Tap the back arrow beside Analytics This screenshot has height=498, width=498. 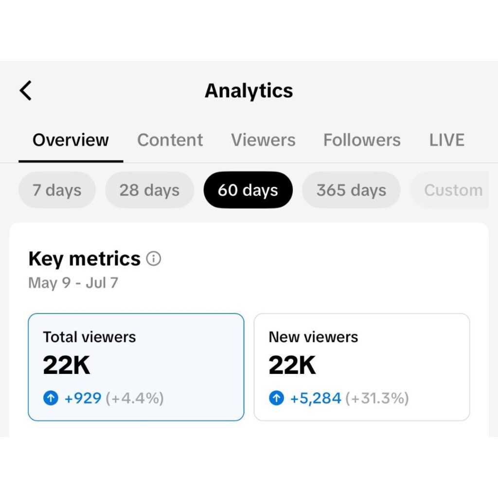tap(26, 90)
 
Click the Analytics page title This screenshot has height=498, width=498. tap(249, 90)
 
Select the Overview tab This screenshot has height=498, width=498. tap(71, 140)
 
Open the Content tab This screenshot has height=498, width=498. tap(170, 140)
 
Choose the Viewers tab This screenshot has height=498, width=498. tap(263, 140)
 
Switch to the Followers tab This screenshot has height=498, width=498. tap(362, 140)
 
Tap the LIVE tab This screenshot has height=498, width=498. tap(446, 140)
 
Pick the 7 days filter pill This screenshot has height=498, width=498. tap(57, 190)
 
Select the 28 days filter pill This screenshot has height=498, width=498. tap(149, 190)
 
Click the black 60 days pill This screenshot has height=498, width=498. tap(248, 190)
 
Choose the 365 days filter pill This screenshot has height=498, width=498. tap(351, 190)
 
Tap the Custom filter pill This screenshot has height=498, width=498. tap(452, 190)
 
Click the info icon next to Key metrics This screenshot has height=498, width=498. tap(154, 259)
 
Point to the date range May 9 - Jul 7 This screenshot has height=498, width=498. tap(73, 283)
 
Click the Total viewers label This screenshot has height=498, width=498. tap(89, 337)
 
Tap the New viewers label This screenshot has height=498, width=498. tap(313, 337)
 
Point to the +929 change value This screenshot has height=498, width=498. tap(83, 399)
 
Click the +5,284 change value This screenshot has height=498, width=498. tap(316, 399)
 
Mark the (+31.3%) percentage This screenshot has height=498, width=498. tap(377, 399)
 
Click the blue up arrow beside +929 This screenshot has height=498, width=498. tap(51, 399)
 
